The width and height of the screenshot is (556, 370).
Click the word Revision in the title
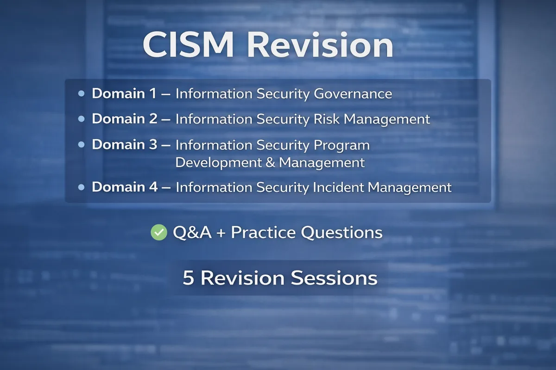coord(320,45)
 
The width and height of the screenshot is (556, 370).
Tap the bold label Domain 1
coord(124,94)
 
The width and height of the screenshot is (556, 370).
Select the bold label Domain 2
coord(125,119)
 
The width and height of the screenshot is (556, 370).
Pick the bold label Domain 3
coord(125,145)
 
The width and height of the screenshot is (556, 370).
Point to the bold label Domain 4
coord(125,187)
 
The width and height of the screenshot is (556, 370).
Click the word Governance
coord(353,94)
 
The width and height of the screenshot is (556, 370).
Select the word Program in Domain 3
coord(342,145)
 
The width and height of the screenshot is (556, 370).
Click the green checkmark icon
coord(159,232)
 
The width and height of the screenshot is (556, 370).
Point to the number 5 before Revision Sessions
coord(188,278)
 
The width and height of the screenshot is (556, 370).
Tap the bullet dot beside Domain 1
coord(82,94)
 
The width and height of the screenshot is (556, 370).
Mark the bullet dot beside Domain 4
coord(82,187)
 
